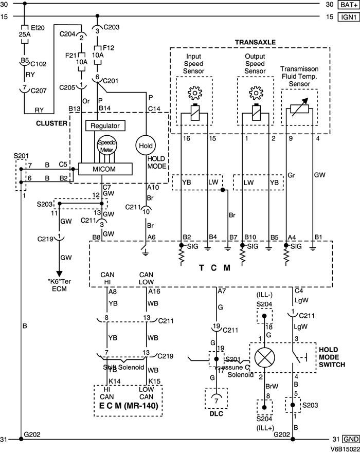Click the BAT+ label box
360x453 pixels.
point(347,5)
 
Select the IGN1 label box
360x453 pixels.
point(347,16)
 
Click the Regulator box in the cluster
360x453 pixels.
point(104,126)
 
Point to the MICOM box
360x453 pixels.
point(105,169)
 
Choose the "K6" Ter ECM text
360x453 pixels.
point(60,284)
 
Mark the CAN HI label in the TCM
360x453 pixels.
point(107,278)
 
